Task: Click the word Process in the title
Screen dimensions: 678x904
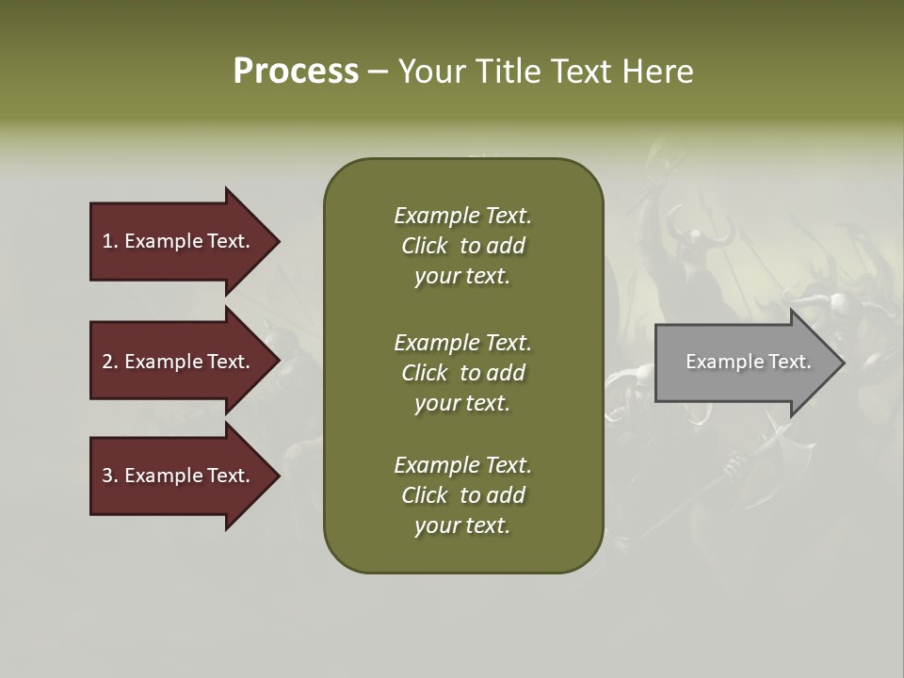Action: tap(296, 72)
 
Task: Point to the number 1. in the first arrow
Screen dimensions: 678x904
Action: tap(110, 241)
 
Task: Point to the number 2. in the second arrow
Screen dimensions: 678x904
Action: tap(110, 362)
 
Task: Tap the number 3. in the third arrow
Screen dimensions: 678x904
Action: tap(110, 476)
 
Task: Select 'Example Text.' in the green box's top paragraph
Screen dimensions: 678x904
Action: tap(462, 216)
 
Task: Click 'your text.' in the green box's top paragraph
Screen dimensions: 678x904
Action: tap(462, 277)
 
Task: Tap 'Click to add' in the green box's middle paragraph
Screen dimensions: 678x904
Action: tap(462, 373)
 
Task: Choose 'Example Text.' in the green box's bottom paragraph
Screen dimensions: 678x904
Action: tap(462, 465)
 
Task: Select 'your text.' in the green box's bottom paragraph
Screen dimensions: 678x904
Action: tap(462, 526)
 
